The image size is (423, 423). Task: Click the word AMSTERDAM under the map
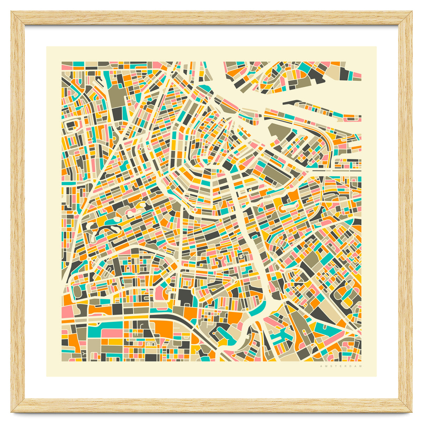pyautogui.click(x=341, y=367)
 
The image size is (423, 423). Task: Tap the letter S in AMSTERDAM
pyautogui.click(x=329, y=367)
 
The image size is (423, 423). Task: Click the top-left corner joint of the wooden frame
pyautogui.click(x=18, y=18)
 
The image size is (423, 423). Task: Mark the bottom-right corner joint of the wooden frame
pyautogui.click(x=405, y=405)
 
